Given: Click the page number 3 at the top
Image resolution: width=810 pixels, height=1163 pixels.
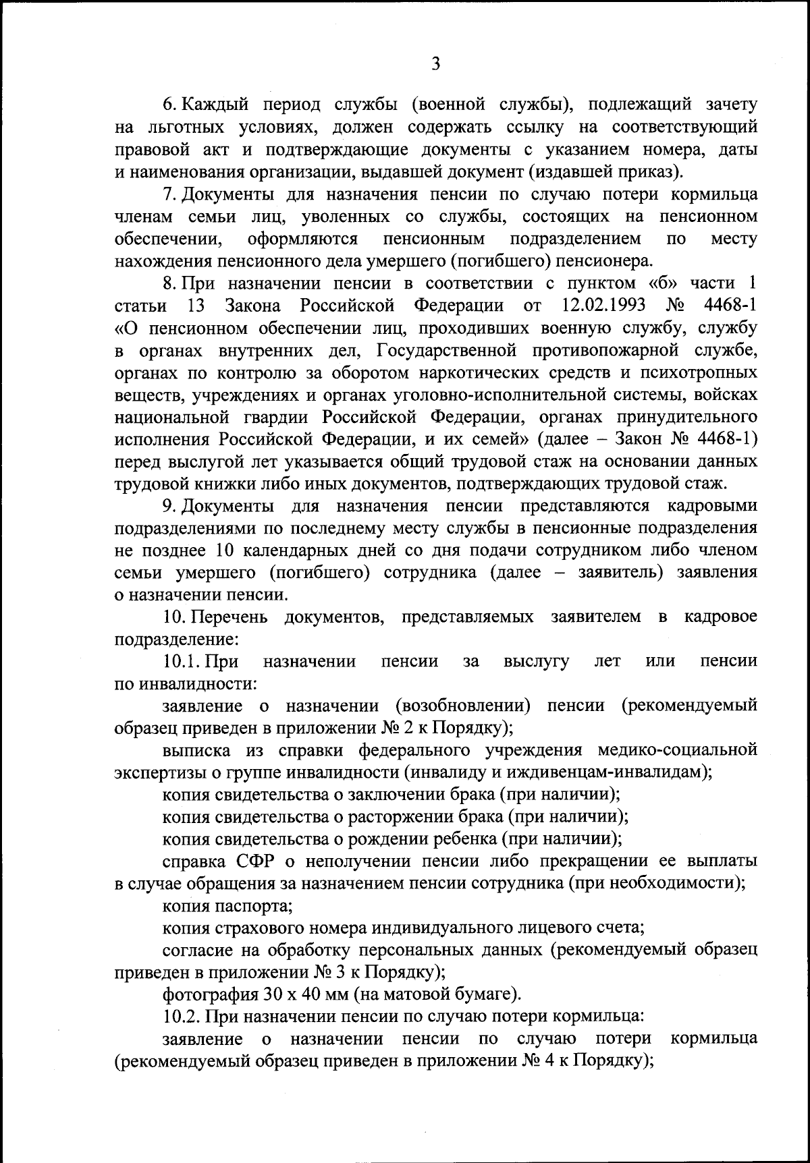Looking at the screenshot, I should (435, 64).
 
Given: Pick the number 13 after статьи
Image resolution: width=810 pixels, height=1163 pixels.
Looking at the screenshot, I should (195, 305).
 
